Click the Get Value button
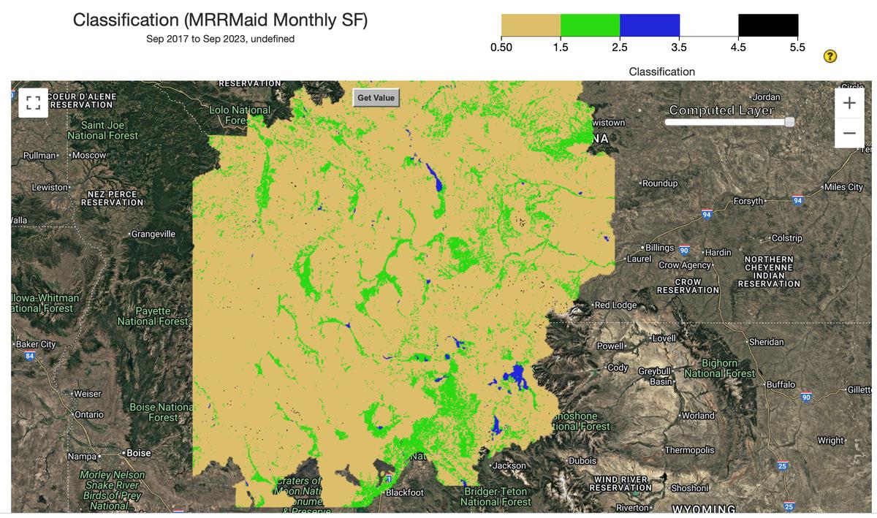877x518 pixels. pos(376,98)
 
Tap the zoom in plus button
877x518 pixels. pos(848,104)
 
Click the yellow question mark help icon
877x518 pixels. pos(830,57)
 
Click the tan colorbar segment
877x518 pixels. pos(531,26)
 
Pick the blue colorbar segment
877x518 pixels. pos(650,26)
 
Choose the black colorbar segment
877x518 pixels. pos(768,26)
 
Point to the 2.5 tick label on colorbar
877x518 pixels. pos(620,48)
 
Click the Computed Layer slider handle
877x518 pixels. pos(789,123)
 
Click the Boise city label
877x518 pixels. pos(137,453)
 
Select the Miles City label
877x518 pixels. pos(845,187)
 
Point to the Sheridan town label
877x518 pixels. pos(766,342)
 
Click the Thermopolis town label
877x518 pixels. pos(690,450)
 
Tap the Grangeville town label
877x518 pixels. pos(153,234)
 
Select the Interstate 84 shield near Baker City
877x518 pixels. pos(30,356)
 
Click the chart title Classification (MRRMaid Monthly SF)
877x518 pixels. pos(220,20)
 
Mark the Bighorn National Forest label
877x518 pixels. pos(720,368)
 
